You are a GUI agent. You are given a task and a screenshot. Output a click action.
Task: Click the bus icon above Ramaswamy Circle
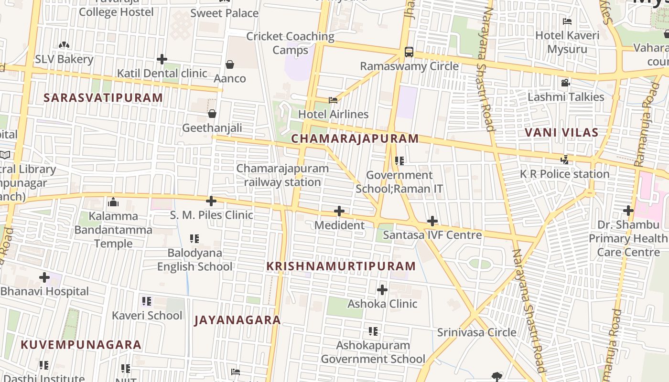pyautogui.click(x=409, y=52)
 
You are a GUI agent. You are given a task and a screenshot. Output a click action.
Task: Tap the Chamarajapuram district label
pyautogui.click(x=355, y=138)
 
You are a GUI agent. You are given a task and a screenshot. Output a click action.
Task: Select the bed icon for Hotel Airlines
pyautogui.click(x=333, y=100)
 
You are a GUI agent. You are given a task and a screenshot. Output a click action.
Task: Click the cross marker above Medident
pyautogui.click(x=339, y=211)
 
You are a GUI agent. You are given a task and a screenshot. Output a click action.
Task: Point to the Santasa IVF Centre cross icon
pyautogui.click(x=432, y=221)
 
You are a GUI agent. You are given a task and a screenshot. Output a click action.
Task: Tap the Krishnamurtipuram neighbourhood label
pyautogui.click(x=341, y=266)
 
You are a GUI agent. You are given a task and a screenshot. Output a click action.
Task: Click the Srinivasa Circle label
pyautogui.click(x=476, y=332)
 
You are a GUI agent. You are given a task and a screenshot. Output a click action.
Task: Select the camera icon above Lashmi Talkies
pyautogui.click(x=565, y=83)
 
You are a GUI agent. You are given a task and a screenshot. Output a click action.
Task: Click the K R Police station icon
pyautogui.click(x=565, y=159)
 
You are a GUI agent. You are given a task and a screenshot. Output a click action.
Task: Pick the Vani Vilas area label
pyautogui.click(x=561, y=132)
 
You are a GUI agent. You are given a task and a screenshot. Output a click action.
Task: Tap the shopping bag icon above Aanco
pyautogui.click(x=230, y=64)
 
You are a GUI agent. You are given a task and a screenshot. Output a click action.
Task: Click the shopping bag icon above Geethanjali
pyautogui.click(x=212, y=113)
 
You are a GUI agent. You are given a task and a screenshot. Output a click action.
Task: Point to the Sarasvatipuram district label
pyautogui.click(x=103, y=98)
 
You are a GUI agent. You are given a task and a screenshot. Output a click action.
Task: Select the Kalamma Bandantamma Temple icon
pyautogui.click(x=113, y=202)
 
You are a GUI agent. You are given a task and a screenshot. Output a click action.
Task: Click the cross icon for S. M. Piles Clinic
pyautogui.click(x=211, y=201)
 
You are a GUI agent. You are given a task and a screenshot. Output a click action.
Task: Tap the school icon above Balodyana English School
pyautogui.click(x=194, y=238)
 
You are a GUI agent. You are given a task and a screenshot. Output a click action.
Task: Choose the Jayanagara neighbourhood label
pyautogui.click(x=237, y=320)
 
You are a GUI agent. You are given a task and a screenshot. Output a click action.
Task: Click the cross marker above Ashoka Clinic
pyautogui.click(x=382, y=289)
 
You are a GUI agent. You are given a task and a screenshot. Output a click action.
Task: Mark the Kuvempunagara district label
pyautogui.click(x=81, y=344)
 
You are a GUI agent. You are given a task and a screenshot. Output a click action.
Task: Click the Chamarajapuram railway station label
pyautogui.click(x=282, y=175)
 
